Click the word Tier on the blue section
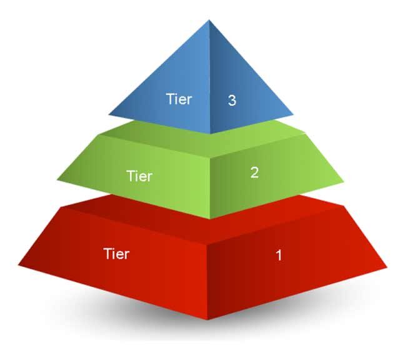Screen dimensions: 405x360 179,99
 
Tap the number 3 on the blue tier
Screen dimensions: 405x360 232,100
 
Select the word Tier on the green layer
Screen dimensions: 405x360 140,176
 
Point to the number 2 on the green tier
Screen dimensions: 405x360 254,172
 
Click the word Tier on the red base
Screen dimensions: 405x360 116,254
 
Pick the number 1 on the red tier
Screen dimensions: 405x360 279,256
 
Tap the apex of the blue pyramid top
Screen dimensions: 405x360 209,20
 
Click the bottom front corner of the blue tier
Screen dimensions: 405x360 211,134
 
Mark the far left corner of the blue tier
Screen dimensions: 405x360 109,114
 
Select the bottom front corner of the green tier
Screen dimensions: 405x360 211,219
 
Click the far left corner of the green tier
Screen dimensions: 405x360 57,179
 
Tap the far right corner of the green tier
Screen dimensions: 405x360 344,182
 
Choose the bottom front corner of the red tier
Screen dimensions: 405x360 207,320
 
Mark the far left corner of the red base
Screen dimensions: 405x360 18,265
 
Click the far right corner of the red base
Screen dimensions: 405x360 387,267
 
